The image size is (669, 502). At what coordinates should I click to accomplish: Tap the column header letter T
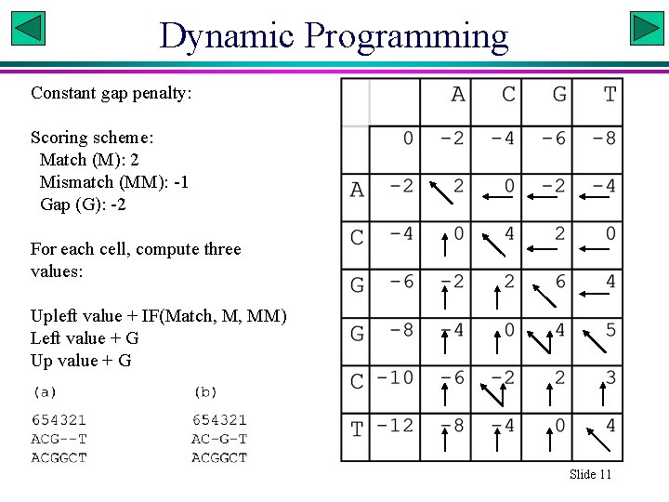610,94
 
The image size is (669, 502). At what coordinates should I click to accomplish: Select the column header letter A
457,94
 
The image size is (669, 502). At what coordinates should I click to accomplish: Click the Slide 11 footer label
591,474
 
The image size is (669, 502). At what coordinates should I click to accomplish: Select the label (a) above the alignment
45,392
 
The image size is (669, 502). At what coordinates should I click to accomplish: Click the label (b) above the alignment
205,392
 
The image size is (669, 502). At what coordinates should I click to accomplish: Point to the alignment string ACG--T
59,439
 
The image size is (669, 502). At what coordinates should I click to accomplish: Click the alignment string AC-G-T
219,439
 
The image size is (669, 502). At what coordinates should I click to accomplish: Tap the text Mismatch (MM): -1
113,182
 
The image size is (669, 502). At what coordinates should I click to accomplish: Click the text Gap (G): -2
83,205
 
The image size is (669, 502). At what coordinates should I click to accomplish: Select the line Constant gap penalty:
111,93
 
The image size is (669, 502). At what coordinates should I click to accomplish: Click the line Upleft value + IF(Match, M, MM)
159,316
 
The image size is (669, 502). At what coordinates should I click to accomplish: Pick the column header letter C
508,94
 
